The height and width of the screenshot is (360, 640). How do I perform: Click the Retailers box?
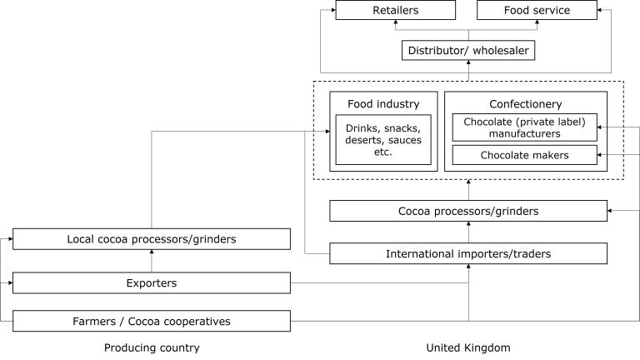click(x=395, y=10)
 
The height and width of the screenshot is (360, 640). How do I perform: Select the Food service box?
click(x=537, y=10)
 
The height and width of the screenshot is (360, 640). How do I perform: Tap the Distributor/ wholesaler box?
click(x=468, y=50)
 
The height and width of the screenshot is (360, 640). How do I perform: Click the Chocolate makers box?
click(x=524, y=155)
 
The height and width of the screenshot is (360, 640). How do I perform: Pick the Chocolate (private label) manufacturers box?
click(x=524, y=127)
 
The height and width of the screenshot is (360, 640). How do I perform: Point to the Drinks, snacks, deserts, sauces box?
click(x=383, y=140)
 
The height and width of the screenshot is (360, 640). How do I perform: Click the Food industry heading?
click(x=383, y=103)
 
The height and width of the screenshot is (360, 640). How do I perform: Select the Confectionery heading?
click(x=526, y=103)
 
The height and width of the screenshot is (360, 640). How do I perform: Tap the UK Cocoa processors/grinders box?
click(x=468, y=211)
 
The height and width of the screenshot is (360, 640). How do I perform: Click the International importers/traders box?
click(x=468, y=253)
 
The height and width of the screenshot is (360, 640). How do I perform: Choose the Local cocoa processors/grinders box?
click(x=152, y=239)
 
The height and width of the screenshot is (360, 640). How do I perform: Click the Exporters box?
click(x=152, y=282)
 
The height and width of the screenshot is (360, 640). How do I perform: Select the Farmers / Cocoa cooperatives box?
click(x=152, y=321)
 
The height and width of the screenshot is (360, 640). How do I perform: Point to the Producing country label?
click(x=152, y=347)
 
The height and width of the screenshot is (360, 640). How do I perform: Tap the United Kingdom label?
click(x=468, y=347)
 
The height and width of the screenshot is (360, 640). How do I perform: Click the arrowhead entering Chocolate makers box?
click(x=599, y=155)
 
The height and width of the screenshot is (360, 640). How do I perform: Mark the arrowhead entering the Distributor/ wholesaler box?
click(x=468, y=62)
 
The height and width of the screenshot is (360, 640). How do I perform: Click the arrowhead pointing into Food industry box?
click(x=327, y=131)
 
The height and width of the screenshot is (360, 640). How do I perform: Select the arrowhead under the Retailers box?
click(x=396, y=22)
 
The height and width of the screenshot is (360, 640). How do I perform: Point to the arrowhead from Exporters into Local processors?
click(x=152, y=252)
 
